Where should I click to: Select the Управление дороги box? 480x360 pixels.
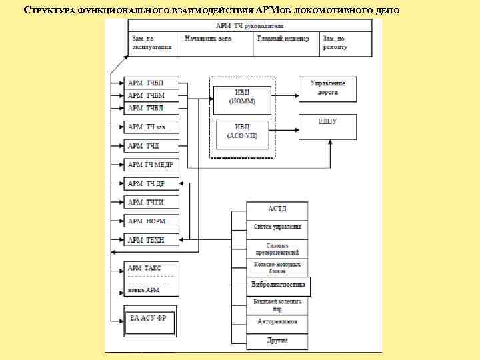coord(328,89)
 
